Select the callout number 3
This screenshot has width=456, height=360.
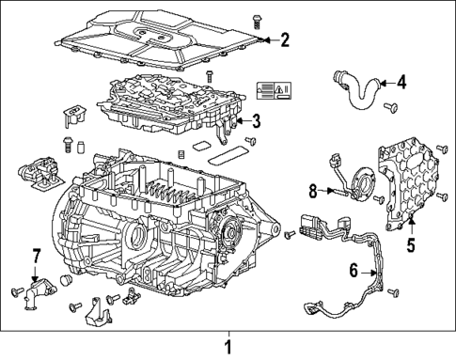[255, 120]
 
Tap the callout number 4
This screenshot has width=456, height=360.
[401, 83]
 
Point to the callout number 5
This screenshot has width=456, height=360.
[410, 246]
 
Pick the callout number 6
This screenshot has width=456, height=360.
[354, 271]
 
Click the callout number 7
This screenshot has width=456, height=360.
[37, 255]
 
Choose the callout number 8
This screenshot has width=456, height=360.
[313, 191]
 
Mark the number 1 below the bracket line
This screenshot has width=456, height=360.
[227, 346]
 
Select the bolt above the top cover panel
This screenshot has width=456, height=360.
[230, 18]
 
